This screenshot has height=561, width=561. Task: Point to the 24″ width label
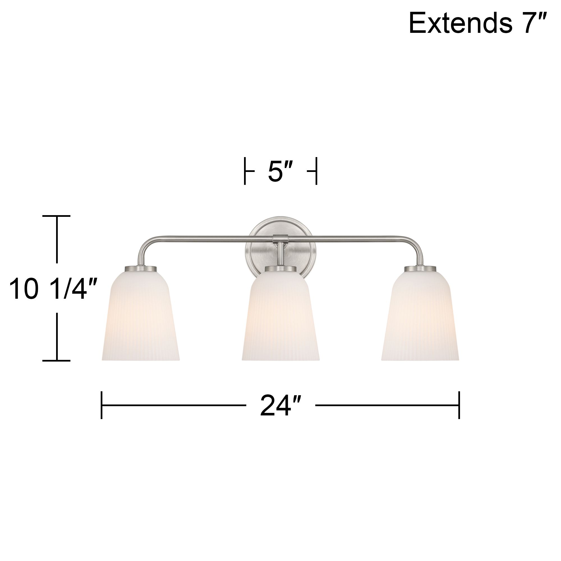pos(280,405)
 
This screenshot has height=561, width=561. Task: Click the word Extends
pos(460,24)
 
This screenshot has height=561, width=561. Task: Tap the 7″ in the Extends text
pos(535,24)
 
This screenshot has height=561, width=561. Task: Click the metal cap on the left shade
pos(141,269)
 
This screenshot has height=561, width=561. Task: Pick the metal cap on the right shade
pos(420,269)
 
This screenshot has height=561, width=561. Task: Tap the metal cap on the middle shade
pos(280,269)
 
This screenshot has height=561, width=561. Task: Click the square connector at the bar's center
pos(280,239)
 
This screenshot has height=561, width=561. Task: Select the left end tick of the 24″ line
pos(101,405)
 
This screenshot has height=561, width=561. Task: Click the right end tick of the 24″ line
pos(459,405)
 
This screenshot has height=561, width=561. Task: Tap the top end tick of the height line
pos(57,216)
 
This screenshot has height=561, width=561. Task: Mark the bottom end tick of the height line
pos(57,360)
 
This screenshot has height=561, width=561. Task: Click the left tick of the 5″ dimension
pos(245,171)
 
